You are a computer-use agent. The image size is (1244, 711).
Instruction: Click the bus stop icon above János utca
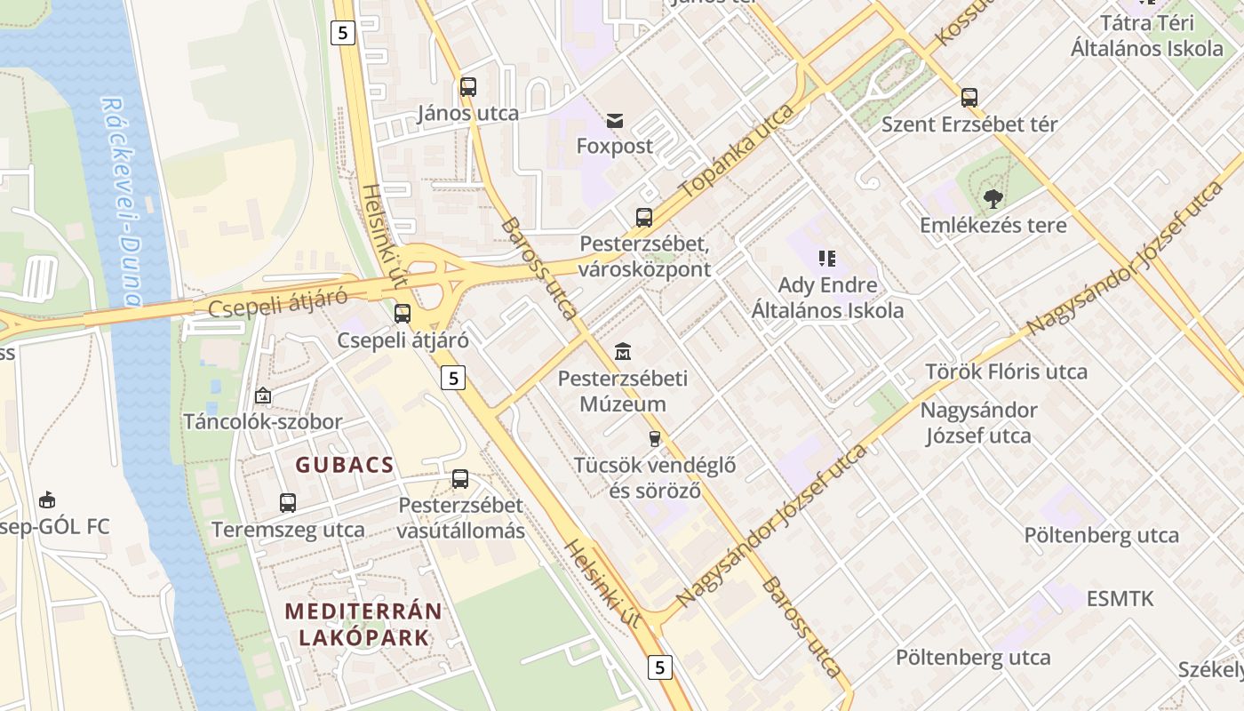click(x=468, y=87)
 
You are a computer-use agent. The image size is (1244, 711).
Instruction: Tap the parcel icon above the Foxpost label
click(x=615, y=120)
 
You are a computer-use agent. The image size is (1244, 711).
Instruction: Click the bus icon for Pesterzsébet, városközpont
click(x=644, y=217)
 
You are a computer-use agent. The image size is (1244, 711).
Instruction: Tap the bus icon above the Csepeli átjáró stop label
click(x=403, y=313)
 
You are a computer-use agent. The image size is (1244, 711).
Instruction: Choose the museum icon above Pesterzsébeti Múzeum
click(x=623, y=352)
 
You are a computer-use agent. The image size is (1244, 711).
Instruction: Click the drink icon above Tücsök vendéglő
click(x=655, y=438)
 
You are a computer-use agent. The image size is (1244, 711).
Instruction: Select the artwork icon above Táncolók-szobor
click(x=263, y=395)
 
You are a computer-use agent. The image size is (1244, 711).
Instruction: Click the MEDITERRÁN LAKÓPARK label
click(x=363, y=624)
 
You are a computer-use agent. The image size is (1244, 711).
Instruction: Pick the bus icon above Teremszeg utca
click(x=288, y=503)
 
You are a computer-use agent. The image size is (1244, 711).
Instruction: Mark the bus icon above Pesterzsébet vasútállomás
click(x=460, y=479)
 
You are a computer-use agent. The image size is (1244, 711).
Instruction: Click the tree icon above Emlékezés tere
click(x=993, y=199)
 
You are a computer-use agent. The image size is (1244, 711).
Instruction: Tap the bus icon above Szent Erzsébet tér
click(x=969, y=98)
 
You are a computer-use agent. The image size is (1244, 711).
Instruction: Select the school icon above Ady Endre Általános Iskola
click(x=827, y=259)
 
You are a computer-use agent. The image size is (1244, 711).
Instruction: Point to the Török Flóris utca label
click(x=1006, y=371)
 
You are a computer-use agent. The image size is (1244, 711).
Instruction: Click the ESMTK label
click(x=1120, y=598)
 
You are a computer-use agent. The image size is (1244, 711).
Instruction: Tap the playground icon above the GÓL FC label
click(x=47, y=500)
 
